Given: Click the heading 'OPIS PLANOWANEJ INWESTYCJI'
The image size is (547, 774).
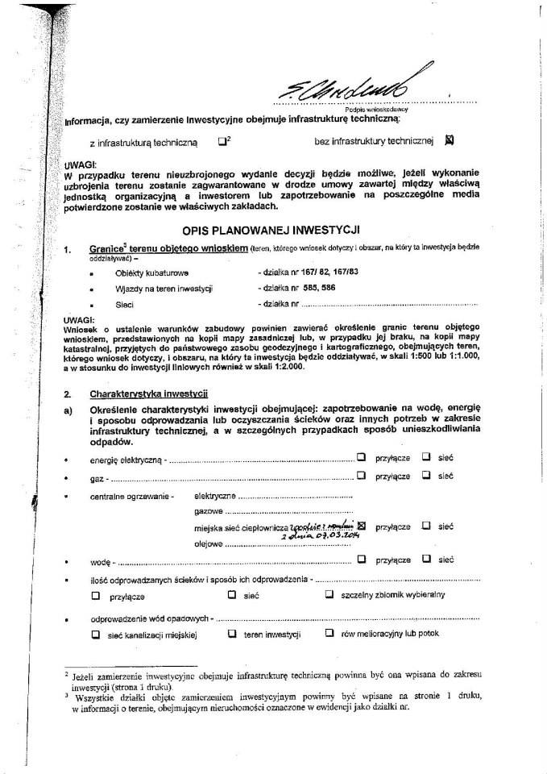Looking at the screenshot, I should [x=271, y=231].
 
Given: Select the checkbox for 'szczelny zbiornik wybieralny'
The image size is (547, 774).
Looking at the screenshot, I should [x=329, y=595].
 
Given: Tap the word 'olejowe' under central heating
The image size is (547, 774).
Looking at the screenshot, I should [x=208, y=543].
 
